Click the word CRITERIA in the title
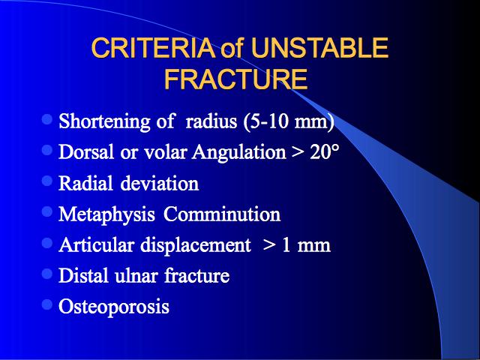click(153, 48)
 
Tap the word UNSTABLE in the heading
click(319, 48)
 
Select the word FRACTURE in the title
click(235, 79)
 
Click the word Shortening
click(104, 121)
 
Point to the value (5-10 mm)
click(289, 121)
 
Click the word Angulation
click(239, 152)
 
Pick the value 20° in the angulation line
click(325, 151)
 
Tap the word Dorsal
click(86, 151)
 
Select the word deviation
click(160, 183)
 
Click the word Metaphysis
click(106, 214)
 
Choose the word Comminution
click(222, 214)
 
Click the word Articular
click(97, 245)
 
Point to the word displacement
click(196, 245)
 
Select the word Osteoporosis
click(114, 307)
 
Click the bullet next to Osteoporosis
click(47, 304)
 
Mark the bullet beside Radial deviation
click(47, 181)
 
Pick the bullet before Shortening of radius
click(47, 119)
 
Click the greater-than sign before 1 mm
click(268, 246)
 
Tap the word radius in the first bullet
click(211, 121)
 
